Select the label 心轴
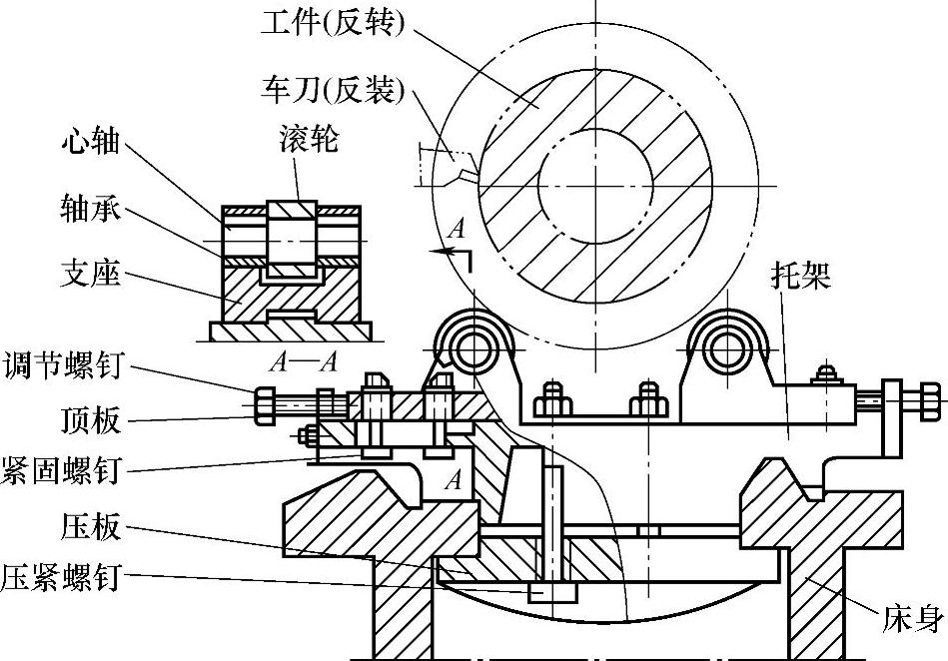point(91,142)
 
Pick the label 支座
point(91,273)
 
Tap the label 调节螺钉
point(62,365)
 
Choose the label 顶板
point(91,419)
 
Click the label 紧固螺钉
point(62,471)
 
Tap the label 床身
point(912,621)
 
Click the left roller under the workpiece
point(473,347)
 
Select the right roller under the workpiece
point(726,347)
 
